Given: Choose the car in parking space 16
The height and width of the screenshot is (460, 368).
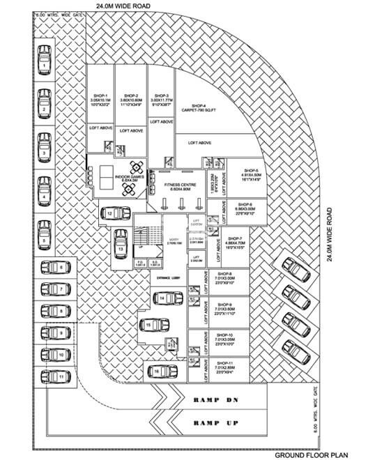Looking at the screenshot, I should click(157, 371).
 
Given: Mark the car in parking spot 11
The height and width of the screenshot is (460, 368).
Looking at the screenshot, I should click(56, 376).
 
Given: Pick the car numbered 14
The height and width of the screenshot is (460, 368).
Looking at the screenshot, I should click(162, 299).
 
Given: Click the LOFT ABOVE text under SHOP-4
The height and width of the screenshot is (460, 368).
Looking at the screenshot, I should click(200, 143).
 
